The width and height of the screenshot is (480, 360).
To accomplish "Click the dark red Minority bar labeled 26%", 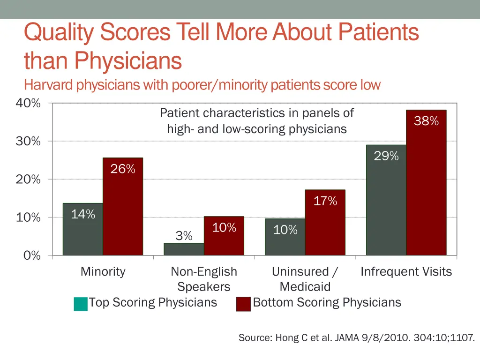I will pyautogui.click(x=123, y=206).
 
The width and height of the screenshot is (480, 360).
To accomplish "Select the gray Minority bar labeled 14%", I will pyautogui.click(x=83, y=229).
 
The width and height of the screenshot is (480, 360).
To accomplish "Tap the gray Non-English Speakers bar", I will pyautogui.click(x=184, y=249).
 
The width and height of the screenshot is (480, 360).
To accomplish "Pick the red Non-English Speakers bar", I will pyautogui.click(x=224, y=236).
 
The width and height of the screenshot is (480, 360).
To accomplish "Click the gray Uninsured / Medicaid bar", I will pyautogui.click(x=285, y=237).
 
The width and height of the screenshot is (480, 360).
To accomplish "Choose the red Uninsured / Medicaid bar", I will pyautogui.click(x=325, y=223).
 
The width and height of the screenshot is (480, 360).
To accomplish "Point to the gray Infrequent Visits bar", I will pyautogui.click(x=386, y=200).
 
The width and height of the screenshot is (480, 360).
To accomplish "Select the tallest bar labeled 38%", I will pyautogui.click(x=426, y=183).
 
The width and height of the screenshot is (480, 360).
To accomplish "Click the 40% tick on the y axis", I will pyautogui.click(x=28, y=103).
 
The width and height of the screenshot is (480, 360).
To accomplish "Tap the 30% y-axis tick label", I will pyautogui.click(x=28, y=141).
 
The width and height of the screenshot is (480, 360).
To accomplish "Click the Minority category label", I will pyautogui.click(x=103, y=271).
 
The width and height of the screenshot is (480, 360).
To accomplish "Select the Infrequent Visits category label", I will pyautogui.click(x=406, y=271).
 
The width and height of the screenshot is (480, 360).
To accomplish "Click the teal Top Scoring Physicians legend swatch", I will pyautogui.click(x=81, y=304).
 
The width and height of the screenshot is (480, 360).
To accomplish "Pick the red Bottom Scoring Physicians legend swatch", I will pyautogui.click(x=243, y=304).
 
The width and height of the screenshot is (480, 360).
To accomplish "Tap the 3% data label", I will pyautogui.click(x=184, y=236).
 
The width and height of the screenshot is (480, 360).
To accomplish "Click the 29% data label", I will pyautogui.click(x=386, y=157).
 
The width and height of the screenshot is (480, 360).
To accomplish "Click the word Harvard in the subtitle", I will pyautogui.click(x=49, y=85).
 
